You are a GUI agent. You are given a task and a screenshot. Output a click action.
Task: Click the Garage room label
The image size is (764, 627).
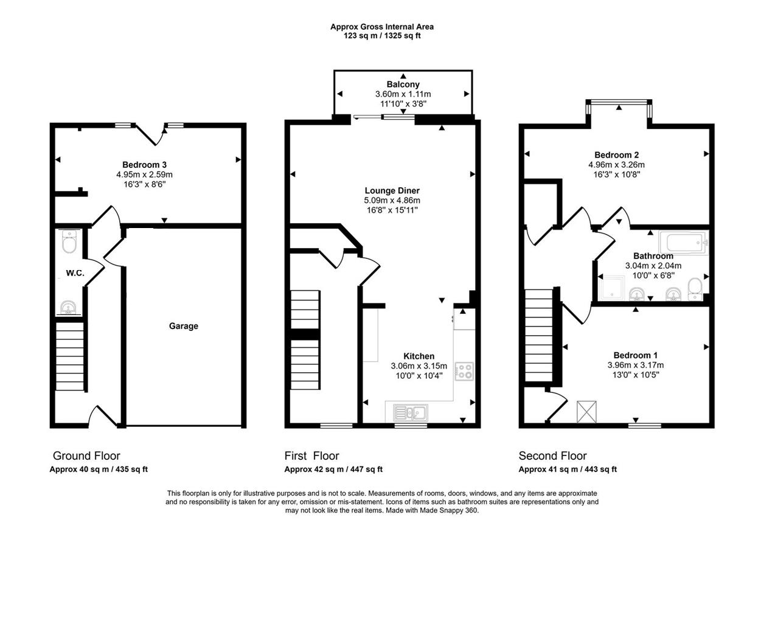click(x=183, y=326)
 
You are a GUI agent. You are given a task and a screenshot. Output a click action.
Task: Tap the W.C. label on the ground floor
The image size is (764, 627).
click(x=75, y=273)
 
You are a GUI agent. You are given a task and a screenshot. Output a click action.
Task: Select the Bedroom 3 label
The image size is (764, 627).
click(x=144, y=165)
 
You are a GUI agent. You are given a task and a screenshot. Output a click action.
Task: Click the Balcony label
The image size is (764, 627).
click(x=403, y=85)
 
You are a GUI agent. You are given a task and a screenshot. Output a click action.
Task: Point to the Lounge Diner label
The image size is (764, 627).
click(x=392, y=190)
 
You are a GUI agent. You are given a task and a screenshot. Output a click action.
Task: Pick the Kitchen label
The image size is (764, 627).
click(x=418, y=356)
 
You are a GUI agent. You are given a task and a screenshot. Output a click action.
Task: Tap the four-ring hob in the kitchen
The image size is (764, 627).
click(x=464, y=371)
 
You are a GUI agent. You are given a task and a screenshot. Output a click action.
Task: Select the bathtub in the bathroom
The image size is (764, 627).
click(x=684, y=244)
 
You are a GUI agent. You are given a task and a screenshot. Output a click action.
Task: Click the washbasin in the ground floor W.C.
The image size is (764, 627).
click(x=68, y=307)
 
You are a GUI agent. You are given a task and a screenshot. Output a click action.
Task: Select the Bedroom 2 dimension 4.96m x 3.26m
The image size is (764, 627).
click(x=616, y=165)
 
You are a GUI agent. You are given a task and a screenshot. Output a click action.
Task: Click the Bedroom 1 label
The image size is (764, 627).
click(x=635, y=355)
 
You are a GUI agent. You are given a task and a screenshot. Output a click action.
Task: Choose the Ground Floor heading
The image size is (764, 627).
click(x=86, y=456)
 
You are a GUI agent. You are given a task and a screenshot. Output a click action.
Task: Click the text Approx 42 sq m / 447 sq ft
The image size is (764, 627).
click(x=333, y=469)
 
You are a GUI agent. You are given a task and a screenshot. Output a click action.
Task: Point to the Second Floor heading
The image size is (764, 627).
click(x=552, y=456)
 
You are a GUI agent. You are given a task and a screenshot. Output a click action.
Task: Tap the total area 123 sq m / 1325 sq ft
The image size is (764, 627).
click(x=382, y=36)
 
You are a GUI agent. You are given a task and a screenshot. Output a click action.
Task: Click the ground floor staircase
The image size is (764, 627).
click(x=70, y=356)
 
